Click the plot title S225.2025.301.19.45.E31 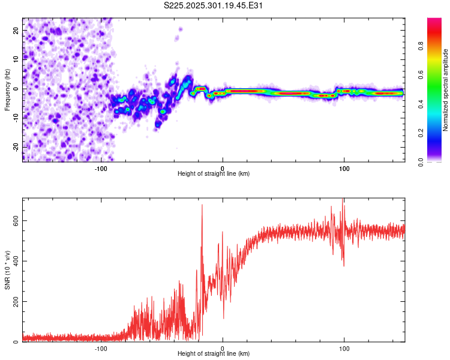tap(214, 6)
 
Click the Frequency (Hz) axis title tap(7, 89)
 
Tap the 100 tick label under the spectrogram tap(344, 168)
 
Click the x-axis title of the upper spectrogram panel tap(214, 174)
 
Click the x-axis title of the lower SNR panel tap(214, 354)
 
